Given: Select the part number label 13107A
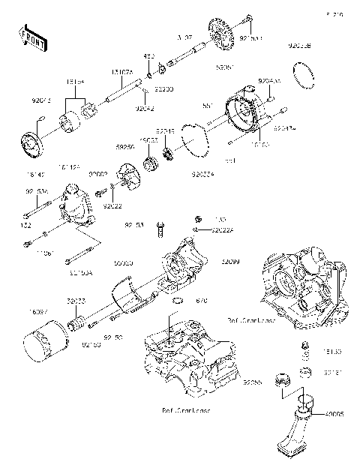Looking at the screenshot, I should [122, 72].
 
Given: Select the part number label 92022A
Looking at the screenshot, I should [214, 230].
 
